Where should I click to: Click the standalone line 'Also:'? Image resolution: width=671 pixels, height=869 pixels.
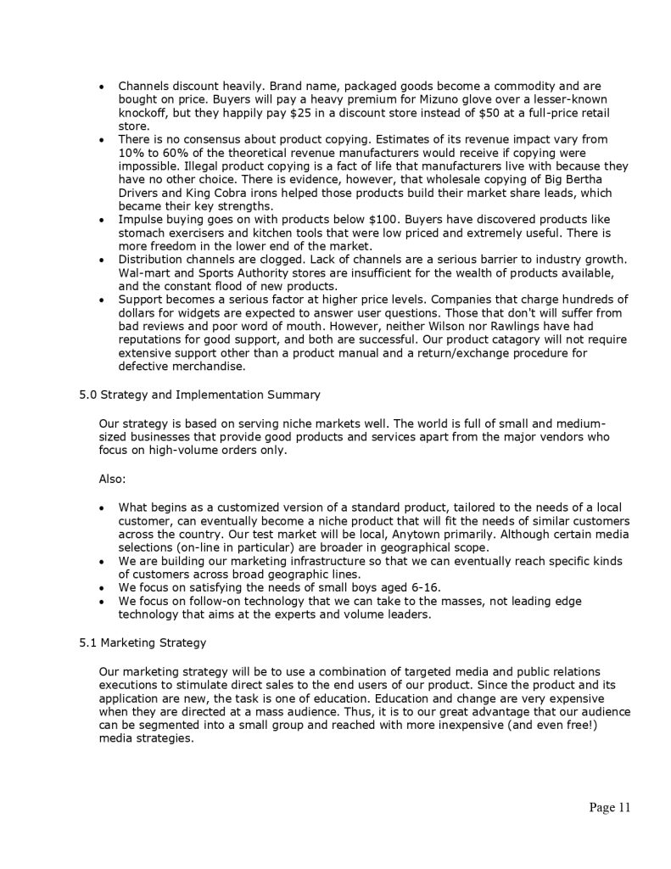tap(113, 479)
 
